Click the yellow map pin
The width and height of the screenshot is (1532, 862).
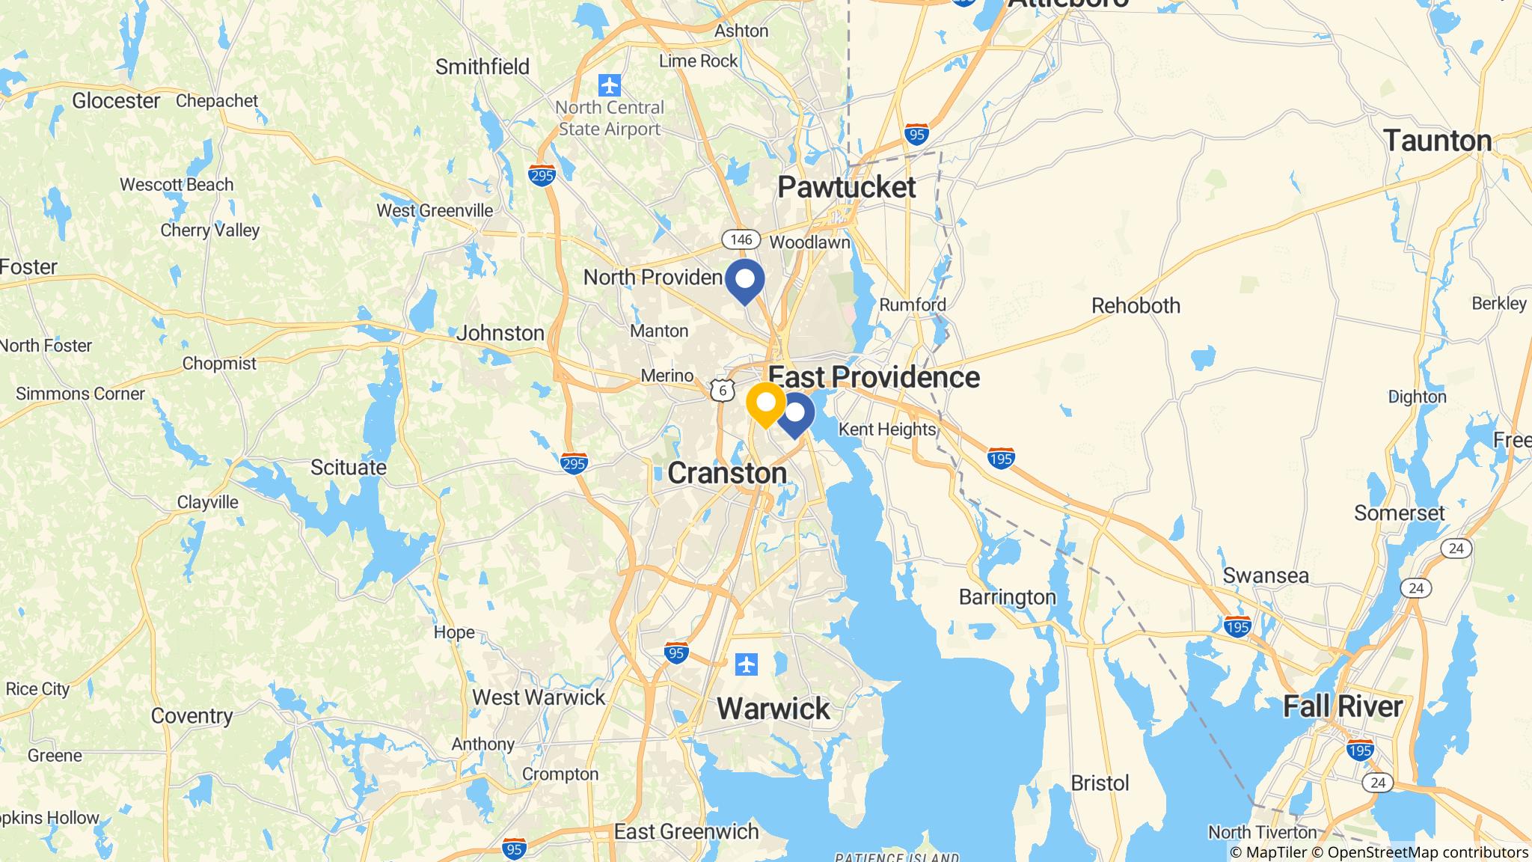point(766,404)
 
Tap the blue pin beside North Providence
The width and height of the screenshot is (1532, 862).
point(745,281)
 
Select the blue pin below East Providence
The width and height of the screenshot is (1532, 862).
point(795,414)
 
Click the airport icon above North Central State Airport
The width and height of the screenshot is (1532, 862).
point(610,83)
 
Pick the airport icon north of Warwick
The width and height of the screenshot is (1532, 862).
point(746,664)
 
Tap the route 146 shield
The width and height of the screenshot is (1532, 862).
point(741,239)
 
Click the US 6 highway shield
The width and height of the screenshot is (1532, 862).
point(722,391)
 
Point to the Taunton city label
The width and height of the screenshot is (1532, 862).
point(1437,141)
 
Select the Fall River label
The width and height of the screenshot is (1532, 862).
point(1343,706)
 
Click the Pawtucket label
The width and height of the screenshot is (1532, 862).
point(846,187)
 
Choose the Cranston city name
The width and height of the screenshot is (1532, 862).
point(726,473)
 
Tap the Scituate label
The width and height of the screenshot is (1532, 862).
point(349,468)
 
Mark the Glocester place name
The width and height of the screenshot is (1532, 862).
point(116,100)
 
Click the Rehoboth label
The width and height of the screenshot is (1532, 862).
point(1136,305)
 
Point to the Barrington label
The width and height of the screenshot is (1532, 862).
point(1007,597)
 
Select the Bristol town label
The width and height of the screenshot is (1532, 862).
point(1100,783)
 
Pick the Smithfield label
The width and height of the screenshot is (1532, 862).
point(482,67)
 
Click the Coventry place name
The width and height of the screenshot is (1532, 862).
point(191,716)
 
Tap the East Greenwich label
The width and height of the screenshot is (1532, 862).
point(686,831)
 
